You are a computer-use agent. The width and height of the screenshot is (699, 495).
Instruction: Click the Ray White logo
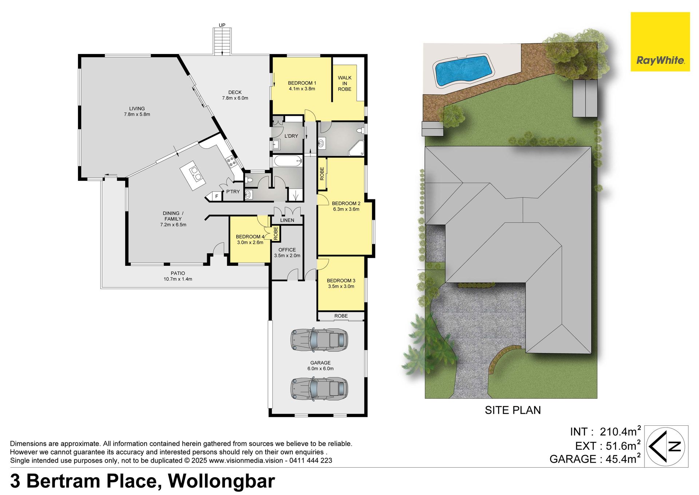click(660, 42)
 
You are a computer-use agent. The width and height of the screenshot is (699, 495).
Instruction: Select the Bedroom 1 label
click(302, 83)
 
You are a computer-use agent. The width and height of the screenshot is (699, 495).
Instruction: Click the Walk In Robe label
click(344, 83)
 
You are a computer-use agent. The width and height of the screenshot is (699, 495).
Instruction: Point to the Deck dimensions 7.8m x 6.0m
click(235, 98)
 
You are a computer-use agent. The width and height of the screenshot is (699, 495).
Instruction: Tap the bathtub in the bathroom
click(288, 161)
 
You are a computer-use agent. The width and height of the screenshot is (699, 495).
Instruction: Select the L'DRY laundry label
click(291, 136)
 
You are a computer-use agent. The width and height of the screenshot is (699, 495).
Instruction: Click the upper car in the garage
click(319, 339)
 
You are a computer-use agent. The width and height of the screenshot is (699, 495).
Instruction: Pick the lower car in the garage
click(319, 389)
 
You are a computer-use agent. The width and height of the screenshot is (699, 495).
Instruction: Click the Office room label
click(287, 250)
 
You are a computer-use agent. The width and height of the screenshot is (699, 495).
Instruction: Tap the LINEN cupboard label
click(287, 220)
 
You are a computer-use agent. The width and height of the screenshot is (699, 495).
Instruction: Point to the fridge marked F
click(217, 196)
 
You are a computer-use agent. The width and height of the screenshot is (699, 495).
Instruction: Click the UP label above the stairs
click(222, 25)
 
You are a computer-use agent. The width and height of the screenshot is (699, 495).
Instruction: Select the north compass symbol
click(666, 447)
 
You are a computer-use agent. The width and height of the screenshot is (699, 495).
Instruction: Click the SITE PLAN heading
click(513, 410)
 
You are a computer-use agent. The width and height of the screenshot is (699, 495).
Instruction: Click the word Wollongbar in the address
click(221, 481)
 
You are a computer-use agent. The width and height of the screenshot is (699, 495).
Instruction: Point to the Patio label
click(178, 273)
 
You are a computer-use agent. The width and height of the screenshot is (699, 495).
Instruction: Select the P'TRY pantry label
click(233, 192)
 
